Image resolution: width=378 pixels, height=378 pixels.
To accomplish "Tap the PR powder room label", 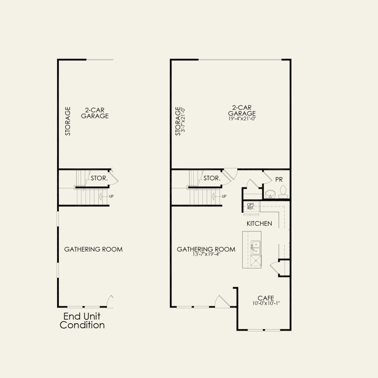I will click(278, 179).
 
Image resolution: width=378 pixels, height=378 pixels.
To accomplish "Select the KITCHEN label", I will click(259, 224).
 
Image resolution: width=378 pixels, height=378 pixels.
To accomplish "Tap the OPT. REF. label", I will click(250, 206).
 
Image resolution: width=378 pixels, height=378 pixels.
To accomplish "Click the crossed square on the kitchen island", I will click(255, 262).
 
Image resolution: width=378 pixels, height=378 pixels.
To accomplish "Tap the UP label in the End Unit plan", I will click(111, 196).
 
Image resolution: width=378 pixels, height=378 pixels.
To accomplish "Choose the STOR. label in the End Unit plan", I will click(99, 178).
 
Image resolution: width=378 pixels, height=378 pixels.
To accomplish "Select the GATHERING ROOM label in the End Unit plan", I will click(93, 249).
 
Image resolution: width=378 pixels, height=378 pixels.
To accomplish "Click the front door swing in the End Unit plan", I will click(109, 301).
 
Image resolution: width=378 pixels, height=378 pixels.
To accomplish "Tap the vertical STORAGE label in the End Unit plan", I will click(68, 121).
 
